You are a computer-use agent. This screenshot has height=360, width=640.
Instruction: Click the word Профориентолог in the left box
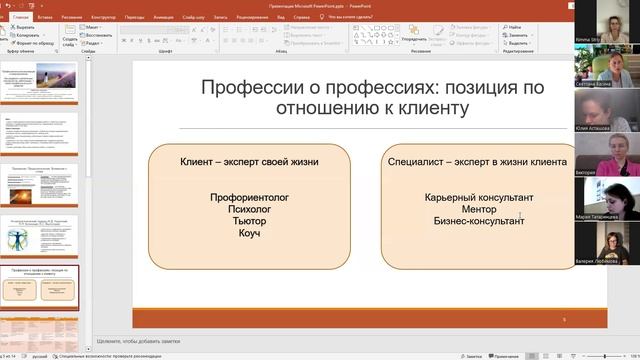(x=250, y=197)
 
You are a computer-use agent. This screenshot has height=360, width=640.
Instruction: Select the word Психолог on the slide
(x=250, y=209)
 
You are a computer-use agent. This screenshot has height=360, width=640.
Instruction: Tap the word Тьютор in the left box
(x=250, y=221)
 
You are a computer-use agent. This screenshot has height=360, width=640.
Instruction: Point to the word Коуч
(x=250, y=233)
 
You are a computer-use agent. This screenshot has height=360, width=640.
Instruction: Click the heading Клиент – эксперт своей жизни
(x=250, y=161)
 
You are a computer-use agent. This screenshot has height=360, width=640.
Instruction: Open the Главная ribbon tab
(x=19, y=17)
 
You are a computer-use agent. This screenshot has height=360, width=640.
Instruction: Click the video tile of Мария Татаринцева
(x=608, y=198)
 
